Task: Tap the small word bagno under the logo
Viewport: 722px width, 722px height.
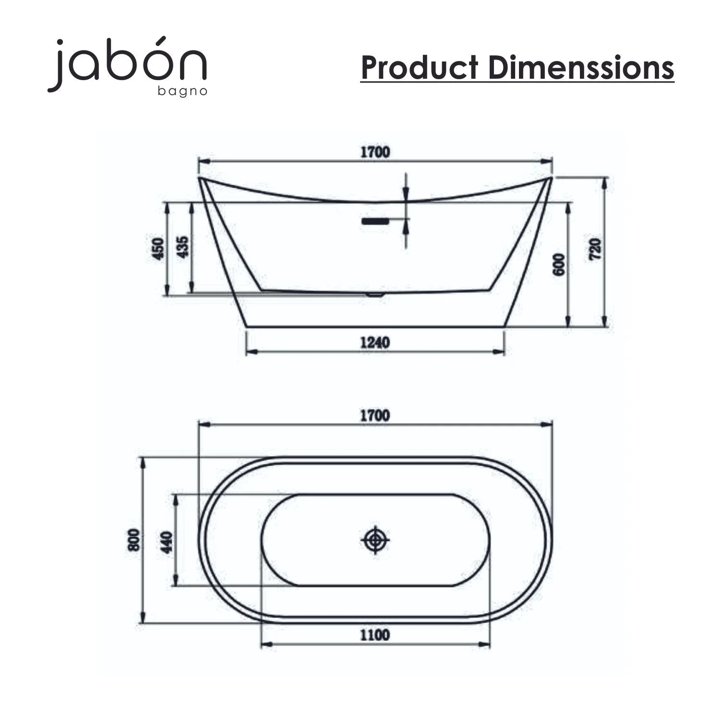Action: tap(182, 91)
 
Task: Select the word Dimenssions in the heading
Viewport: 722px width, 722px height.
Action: tap(581, 67)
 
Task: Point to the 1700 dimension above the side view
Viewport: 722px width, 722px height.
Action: tap(375, 153)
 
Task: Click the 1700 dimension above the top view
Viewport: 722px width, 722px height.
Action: tap(375, 416)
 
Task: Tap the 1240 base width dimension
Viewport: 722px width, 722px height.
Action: tap(375, 343)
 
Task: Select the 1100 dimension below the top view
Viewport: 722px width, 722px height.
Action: tap(375, 635)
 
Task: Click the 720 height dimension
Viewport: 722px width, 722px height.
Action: tap(595, 249)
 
